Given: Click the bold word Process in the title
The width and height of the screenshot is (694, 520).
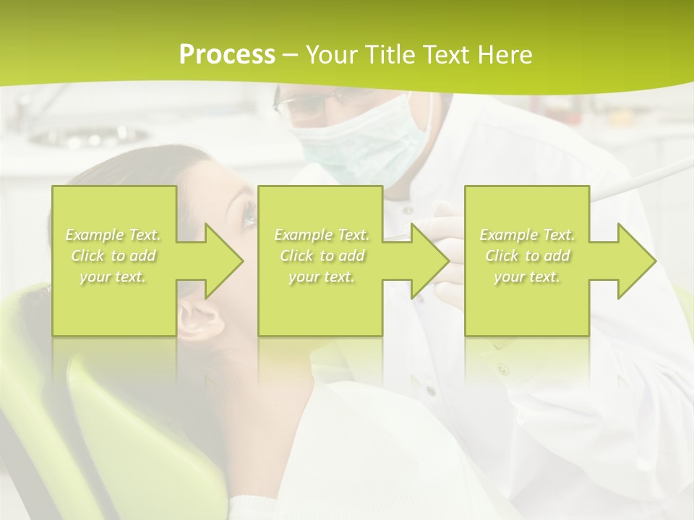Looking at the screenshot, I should point(227,55).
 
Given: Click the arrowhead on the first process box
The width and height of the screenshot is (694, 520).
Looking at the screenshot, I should point(220,261).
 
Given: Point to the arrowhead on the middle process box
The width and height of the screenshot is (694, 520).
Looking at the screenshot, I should point(427,261).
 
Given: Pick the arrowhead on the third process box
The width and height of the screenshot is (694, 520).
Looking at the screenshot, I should point(633,261).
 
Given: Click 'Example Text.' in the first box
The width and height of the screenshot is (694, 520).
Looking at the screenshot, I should point(113,235).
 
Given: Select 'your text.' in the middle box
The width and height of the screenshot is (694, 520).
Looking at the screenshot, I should point(322,277).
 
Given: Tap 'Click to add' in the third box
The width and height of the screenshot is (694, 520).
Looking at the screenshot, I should point(528,256).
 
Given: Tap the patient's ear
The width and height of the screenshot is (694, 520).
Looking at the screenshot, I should point(199,318).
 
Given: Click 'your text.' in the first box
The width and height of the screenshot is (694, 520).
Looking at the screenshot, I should point(113,277).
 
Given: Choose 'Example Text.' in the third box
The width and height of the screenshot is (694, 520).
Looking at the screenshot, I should point(528,235).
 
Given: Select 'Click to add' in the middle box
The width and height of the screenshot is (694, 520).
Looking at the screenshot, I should point(322,256).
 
